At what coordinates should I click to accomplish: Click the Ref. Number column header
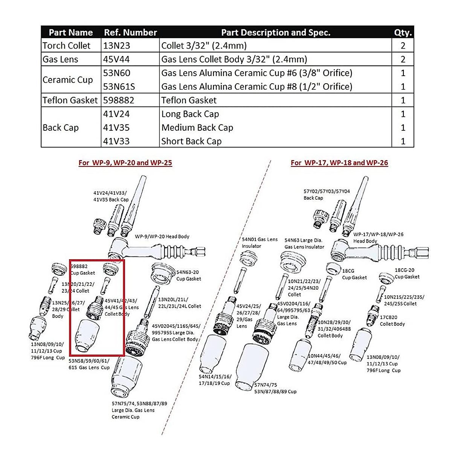click(x=130, y=32)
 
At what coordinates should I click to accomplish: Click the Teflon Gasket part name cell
click(x=70, y=100)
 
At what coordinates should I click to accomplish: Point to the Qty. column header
click(x=403, y=32)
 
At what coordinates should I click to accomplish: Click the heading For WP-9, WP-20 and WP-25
click(x=125, y=163)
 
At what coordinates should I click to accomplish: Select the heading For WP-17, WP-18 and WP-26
click(x=339, y=163)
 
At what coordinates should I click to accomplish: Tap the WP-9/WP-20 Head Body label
click(x=162, y=237)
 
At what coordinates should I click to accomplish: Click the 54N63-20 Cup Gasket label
click(x=188, y=275)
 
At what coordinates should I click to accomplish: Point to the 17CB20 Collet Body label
click(x=392, y=321)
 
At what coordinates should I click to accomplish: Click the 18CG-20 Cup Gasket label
click(x=407, y=273)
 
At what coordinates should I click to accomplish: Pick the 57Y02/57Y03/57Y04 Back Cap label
click(x=326, y=194)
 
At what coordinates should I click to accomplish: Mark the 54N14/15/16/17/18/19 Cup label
click(x=215, y=380)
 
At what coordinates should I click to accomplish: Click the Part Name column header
click(x=71, y=32)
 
